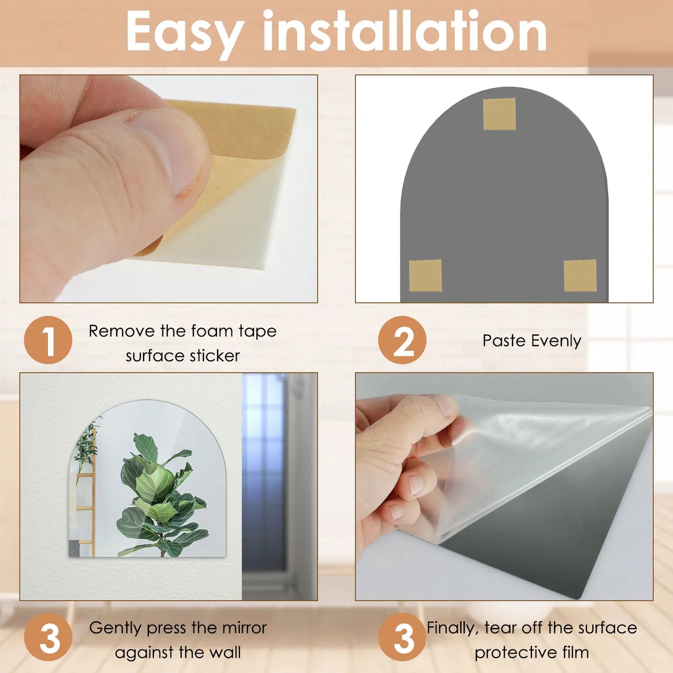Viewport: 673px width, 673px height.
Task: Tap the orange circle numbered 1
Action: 48,340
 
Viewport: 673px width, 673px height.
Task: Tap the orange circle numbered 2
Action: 402,340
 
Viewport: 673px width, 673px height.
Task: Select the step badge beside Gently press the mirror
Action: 48,637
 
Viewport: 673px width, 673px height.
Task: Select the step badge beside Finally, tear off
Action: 402,637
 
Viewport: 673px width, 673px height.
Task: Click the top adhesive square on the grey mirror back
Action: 499,114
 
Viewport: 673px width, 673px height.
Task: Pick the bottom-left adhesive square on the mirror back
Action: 425,276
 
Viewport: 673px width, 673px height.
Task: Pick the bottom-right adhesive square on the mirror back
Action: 580,276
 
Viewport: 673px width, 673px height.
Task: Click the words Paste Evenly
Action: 531,341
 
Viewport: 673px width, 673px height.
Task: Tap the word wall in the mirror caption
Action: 225,653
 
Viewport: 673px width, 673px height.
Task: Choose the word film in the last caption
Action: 575,653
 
